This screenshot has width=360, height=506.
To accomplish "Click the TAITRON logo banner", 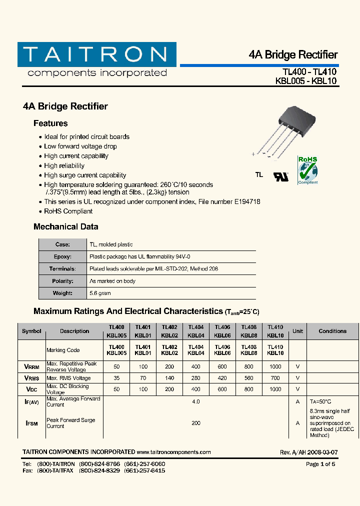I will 97,54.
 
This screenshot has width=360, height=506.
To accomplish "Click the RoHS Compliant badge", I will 307,170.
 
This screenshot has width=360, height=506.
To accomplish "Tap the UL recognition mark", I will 280,176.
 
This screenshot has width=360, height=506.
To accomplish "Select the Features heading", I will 50,123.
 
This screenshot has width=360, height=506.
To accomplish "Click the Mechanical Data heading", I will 66,226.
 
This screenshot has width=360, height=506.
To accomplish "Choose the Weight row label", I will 63,293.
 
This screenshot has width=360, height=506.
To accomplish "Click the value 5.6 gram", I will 100,293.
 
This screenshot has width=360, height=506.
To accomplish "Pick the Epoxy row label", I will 63,256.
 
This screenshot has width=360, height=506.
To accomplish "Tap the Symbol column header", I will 32,331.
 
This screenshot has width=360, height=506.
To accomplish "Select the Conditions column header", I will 332,331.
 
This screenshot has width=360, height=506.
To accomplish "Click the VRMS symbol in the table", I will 31,378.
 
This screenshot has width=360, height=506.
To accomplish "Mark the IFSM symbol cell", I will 31,423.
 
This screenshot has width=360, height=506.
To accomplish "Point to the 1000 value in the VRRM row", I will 275,366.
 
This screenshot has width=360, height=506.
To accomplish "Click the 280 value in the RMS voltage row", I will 196,378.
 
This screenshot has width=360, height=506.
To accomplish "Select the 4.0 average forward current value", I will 196,401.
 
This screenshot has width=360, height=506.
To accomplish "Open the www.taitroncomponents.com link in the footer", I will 173,452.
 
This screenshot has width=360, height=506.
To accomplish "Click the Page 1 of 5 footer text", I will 320,464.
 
